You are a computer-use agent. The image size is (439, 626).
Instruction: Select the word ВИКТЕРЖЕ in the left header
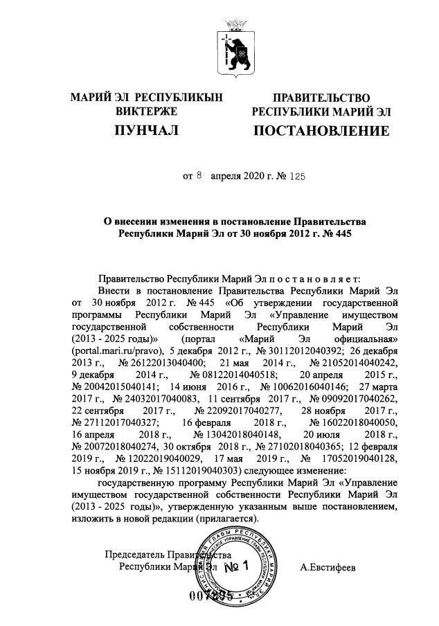pos(146,111)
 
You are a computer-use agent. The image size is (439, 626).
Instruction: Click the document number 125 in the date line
pos(294,177)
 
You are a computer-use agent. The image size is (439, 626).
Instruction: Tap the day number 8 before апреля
pos(199,177)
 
